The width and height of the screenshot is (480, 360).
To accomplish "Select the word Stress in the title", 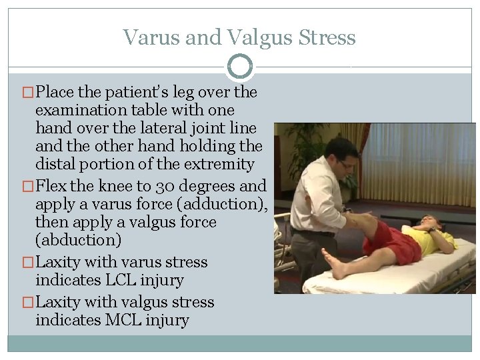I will (329, 37).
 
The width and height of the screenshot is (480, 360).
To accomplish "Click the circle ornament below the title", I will (240, 67).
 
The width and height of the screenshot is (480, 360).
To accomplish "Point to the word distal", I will (55, 164).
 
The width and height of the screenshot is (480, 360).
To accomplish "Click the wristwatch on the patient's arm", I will (433, 229).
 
